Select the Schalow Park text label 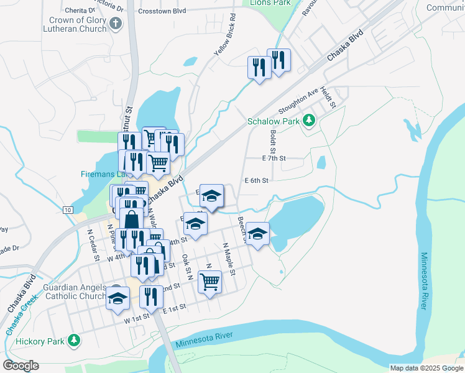pos(274,121)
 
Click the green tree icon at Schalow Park pos(308,121)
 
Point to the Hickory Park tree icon pos(75,340)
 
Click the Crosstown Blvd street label pos(163,11)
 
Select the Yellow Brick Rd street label pos(225,35)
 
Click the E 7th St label pos(274,159)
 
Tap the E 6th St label pos(256,180)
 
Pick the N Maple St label pos(228,259)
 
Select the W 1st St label pos(137,317)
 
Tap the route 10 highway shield pos(67,210)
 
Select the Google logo pos(21,366)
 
